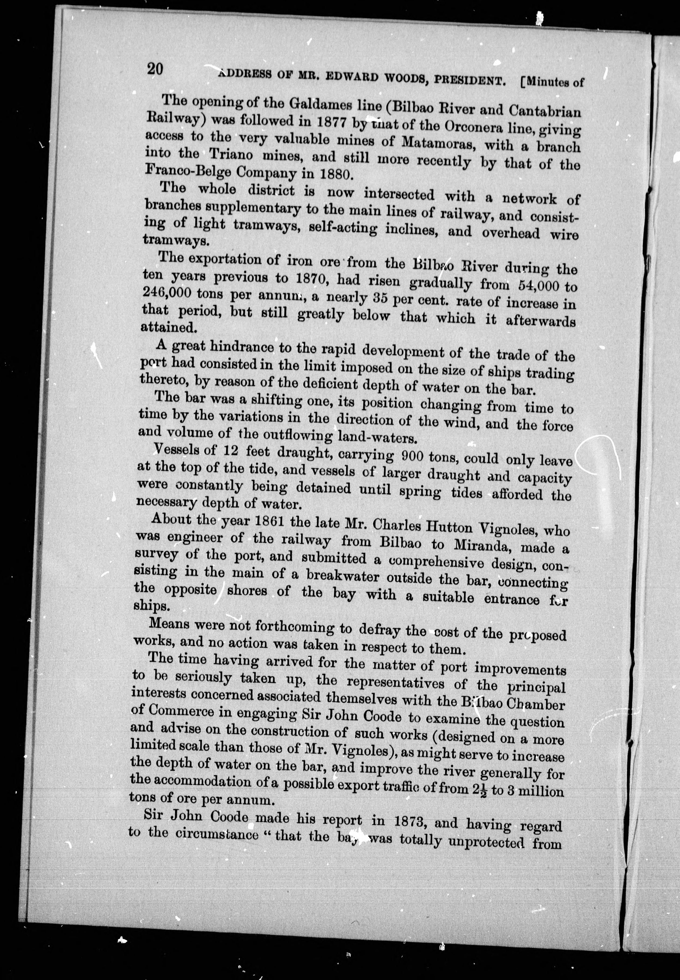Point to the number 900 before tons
point(413,457)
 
